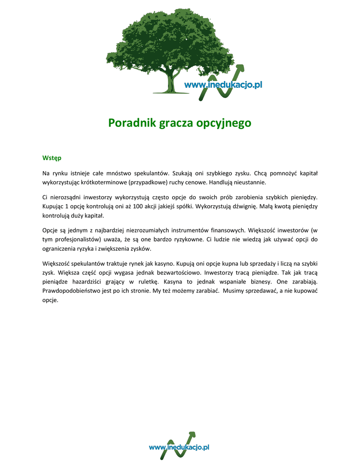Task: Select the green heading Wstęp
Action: (51, 158)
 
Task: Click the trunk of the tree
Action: (171, 82)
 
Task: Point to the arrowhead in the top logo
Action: (240, 68)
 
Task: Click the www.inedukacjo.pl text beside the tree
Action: (223, 85)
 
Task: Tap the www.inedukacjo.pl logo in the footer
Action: (179, 447)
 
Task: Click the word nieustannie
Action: (249, 182)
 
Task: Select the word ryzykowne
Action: (187, 239)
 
